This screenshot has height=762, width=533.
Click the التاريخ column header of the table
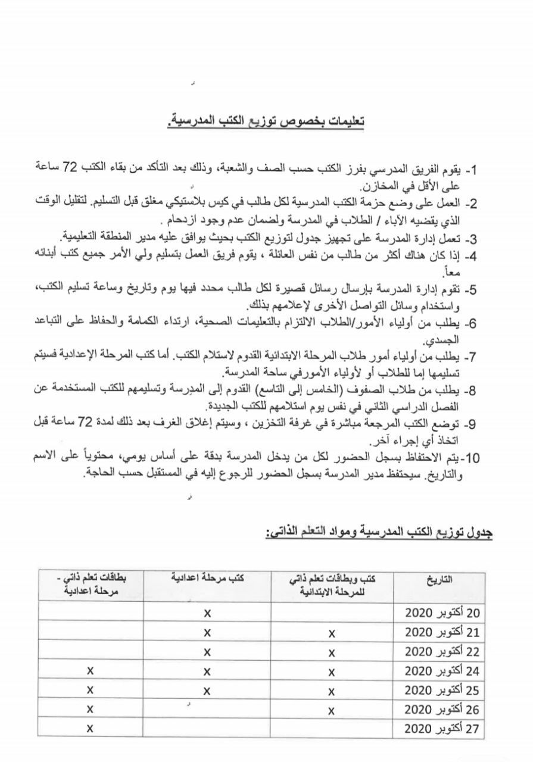click(x=440, y=579)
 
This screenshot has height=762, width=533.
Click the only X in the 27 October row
click(x=90, y=728)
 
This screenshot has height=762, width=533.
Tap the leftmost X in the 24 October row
click(x=90, y=671)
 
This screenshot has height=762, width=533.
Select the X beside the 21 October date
click(x=331, y=632)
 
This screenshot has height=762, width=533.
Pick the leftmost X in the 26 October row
click(x=90, y=709)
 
